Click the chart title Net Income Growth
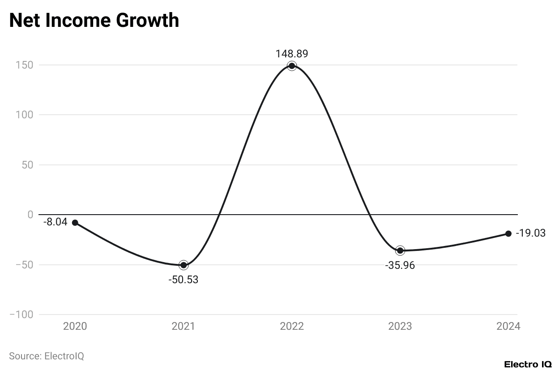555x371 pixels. (x=94, y=21)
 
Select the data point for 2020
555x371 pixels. (x=75, y=223)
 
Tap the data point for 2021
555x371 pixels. (x=184, y=265)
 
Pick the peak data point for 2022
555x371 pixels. (x=292, y=66)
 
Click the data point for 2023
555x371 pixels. (x=400, y=250)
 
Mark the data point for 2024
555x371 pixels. (x=508, y=233)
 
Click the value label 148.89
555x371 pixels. (x=292, y=54)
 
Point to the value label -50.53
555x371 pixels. (x=183, y=280)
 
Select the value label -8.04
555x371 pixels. (x=55, y=221)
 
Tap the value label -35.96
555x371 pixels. (x=400, y=265)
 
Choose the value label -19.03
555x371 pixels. (x=530, y=233)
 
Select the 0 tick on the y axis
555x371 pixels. (x=30, y=215)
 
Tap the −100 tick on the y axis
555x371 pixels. (x=21, y=315)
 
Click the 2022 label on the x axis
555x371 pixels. (x=292, y=326)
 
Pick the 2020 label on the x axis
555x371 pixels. (x=75, y=326)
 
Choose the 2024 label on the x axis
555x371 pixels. (x=508, y=326)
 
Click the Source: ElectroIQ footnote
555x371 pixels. (x=47, y=356)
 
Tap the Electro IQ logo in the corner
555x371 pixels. (x=528, y=364)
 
